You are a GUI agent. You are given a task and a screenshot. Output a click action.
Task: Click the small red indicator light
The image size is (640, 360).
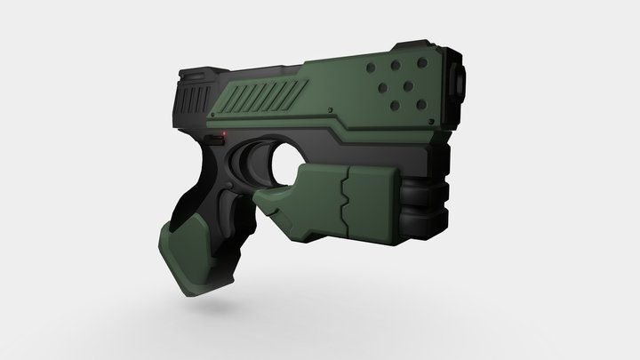[x=226, y=134]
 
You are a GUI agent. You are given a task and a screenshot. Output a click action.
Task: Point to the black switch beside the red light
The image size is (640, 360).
[x=214, y=139]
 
